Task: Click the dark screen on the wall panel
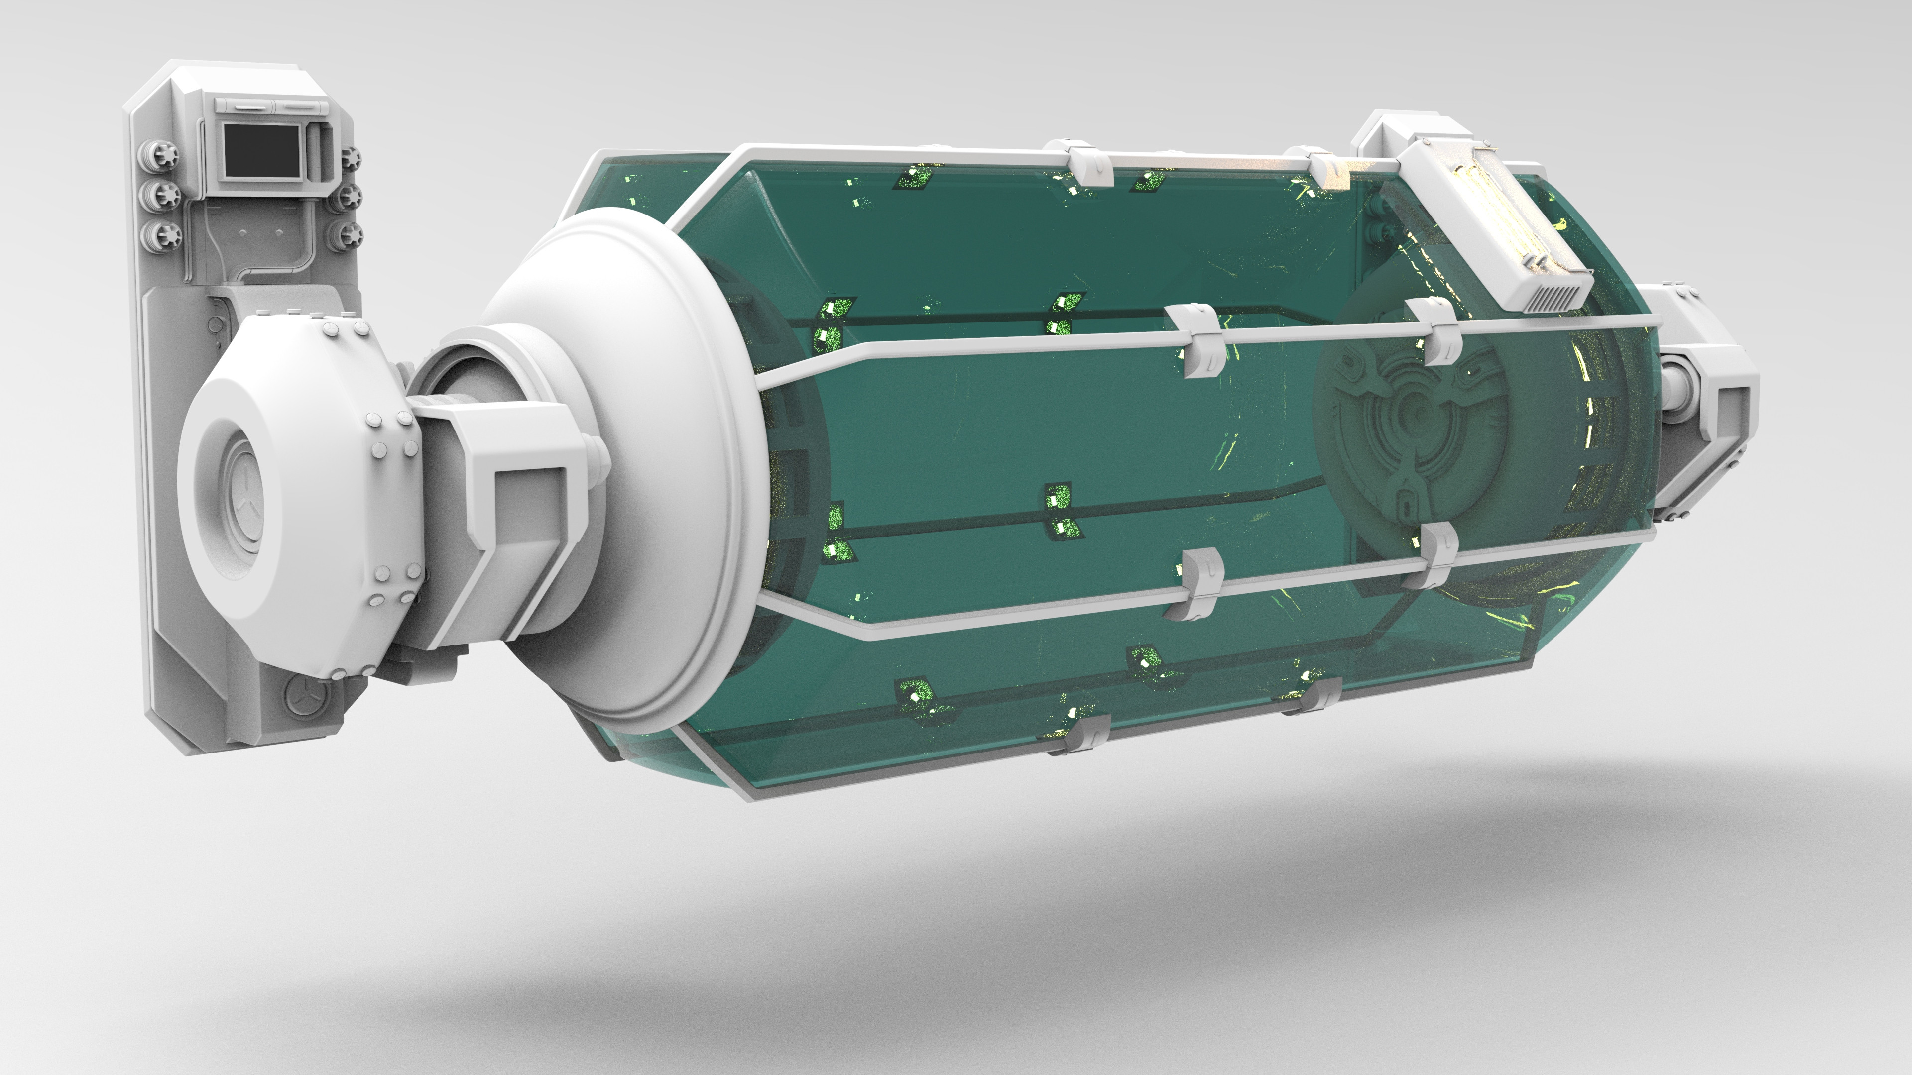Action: pyautogui.click(x=261, y=151)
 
